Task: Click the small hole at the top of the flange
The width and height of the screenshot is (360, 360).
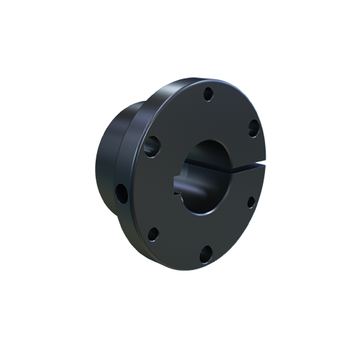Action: pos(207,93)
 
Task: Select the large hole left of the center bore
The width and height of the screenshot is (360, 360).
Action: pos(153,146)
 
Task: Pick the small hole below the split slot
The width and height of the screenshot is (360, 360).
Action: pos(251,202)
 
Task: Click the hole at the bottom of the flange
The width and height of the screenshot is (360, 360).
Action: pos(206,252)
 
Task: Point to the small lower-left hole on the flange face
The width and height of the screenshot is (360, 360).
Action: pos(153,233)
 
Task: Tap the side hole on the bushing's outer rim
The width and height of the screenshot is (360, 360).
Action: pos(121,192)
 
